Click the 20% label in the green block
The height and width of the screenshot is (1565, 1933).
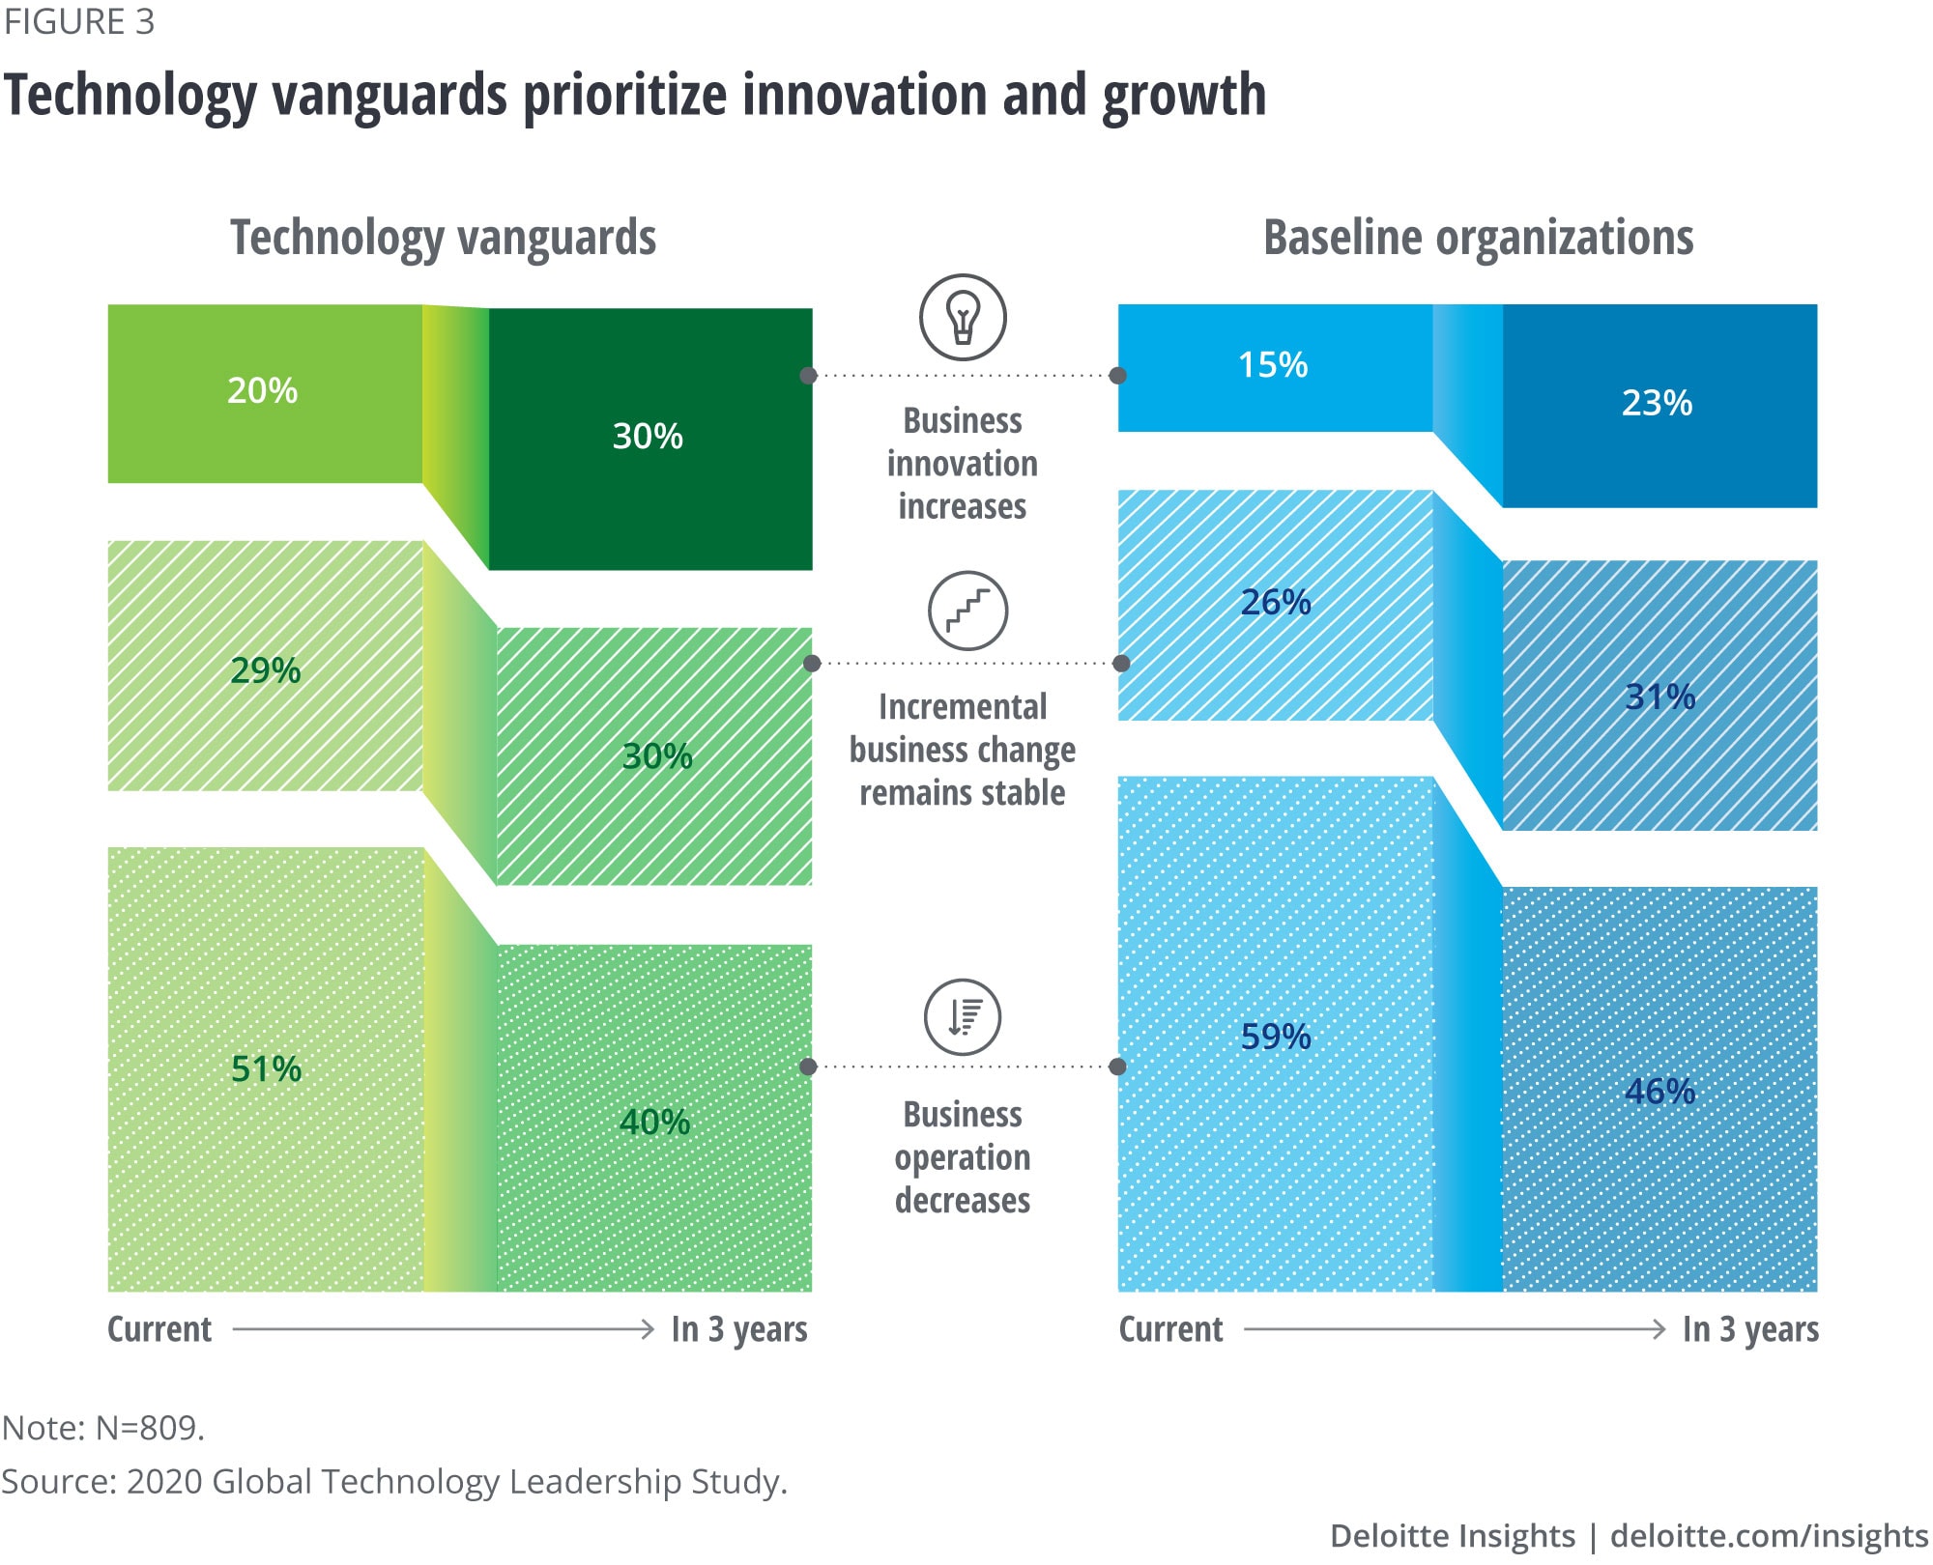[x=262, y=390]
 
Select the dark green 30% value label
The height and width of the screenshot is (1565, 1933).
[x=648, y=436]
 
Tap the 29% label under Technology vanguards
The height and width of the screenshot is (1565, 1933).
[x=265, y=669]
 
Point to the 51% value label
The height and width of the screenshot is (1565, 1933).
[x=266, y=1068]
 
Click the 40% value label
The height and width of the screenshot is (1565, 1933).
[x=654, y=1122]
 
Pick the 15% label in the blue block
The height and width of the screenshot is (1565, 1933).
[x=1273, y=364]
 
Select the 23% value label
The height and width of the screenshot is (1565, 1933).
[x=1657, y=403]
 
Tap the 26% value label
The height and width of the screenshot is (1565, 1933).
[x=1276, y=602]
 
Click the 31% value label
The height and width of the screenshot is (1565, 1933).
[x=1659, y=697]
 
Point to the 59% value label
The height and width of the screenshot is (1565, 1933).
[x=1276, y=1037]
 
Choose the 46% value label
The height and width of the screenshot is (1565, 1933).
[x=1659, y=1091]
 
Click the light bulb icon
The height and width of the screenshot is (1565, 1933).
[x=963, y=318]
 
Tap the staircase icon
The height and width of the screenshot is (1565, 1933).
[x=967, y=611]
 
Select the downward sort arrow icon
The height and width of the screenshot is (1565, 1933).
[x=963, y=1017]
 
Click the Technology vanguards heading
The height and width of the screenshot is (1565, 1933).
[x=443, y=238]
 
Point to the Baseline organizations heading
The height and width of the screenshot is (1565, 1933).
[x=1478, y=238]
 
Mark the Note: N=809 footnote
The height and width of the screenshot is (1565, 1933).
[x=103, y=1427]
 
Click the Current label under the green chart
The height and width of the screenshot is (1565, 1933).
[x=159, y=1329]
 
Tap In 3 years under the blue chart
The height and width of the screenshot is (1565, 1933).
[x=1750, y=1329]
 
